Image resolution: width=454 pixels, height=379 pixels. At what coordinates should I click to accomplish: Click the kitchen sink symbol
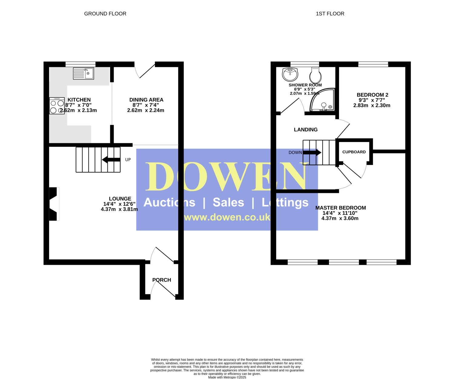84,73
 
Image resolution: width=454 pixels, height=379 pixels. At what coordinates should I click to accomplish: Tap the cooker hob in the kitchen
57,106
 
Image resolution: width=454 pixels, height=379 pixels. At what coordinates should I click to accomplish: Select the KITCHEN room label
79,100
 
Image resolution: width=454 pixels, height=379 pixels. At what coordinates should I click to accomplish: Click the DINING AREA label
146,100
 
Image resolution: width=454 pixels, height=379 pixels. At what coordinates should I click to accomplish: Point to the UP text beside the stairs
128,160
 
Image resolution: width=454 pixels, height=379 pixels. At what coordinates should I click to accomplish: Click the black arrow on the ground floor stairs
111,160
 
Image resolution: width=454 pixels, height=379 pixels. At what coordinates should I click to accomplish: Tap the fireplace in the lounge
54,204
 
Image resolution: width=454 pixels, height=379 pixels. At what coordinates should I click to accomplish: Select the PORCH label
162,280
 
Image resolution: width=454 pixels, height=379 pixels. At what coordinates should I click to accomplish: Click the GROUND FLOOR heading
105,14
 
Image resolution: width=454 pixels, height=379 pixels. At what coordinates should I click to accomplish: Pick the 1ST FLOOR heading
330,14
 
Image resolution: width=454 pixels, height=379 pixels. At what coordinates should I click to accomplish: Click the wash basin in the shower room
290,74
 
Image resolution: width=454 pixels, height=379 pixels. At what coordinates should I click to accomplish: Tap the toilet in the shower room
315,75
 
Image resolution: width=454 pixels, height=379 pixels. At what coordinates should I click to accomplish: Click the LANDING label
306,130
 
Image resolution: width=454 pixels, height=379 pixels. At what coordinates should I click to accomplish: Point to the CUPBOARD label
354,152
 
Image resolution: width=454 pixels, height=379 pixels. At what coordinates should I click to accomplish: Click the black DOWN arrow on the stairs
312,152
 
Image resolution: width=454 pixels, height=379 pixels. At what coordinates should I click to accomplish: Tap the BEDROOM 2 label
373,95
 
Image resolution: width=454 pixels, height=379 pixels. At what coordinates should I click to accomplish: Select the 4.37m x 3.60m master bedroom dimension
340,218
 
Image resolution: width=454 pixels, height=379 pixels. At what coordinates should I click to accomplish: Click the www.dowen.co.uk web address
227,217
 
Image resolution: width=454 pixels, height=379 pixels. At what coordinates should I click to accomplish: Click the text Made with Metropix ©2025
227,377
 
